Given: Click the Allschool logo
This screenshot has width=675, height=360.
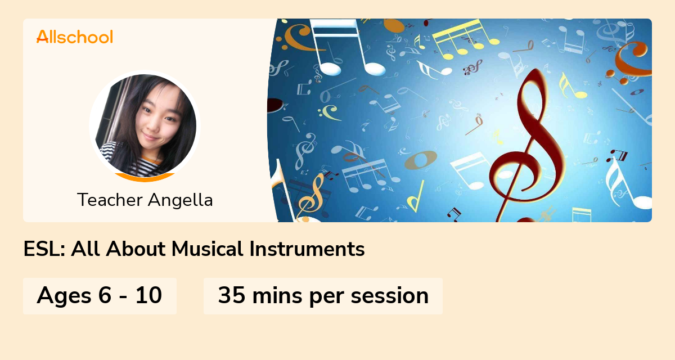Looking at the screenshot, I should click(74, 37).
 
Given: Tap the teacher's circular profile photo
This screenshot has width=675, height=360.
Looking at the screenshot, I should click(145, 125).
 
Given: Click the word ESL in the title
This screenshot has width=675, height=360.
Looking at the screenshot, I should click(44, 249).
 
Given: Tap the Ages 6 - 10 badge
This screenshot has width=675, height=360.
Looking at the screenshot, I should click(100, 296).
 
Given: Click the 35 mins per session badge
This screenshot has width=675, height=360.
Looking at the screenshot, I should click(323, 296).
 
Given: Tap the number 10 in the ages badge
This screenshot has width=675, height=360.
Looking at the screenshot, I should click(148, 296).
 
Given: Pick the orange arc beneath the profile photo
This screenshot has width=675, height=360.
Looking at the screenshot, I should click(145, 178).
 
